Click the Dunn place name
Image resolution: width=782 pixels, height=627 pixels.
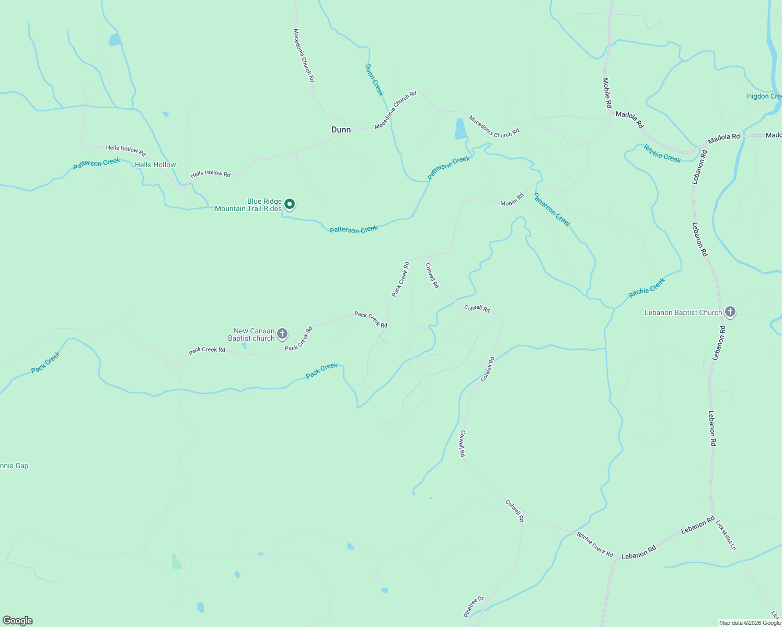tap(341, 130)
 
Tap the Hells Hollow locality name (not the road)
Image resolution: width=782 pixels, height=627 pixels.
tap(155, 165)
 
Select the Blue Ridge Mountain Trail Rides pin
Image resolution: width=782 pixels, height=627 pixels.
tap(289, 204)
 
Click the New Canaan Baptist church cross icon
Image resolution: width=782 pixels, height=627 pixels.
tap(282, 333)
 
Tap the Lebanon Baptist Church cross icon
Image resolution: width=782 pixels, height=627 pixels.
tap(730, 312)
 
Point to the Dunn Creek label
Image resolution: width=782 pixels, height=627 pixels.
tap(374, 80)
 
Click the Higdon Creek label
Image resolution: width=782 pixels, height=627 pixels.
tap(764, 96)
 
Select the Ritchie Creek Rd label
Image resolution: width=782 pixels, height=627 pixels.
tap(594, 544)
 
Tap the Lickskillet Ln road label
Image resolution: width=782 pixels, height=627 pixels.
tap(726, 535)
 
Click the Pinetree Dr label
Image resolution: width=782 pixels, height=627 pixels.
tap(474, 607)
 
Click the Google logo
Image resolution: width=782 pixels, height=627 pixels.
tap(17, 621)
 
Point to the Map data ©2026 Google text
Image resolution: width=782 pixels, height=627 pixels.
tap(750, 623)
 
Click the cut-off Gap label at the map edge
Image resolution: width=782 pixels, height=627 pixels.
tap(14, 466)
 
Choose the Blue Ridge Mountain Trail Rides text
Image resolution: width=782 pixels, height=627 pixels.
tap(249, 205)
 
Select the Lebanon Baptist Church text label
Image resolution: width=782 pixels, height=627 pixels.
tap(683, 312)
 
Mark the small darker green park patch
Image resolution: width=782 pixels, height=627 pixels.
tap(177, 562)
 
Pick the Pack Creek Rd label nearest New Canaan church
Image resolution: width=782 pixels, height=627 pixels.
tap(298, 339)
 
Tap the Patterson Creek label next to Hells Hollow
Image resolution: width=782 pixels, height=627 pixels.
tap(97, 164)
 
